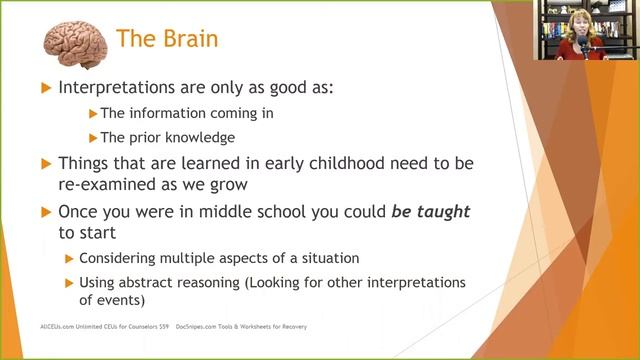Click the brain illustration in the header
[75, 41]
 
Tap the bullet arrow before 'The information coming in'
[93, 112]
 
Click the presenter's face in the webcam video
[578, 21]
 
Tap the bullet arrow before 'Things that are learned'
[44, 162]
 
